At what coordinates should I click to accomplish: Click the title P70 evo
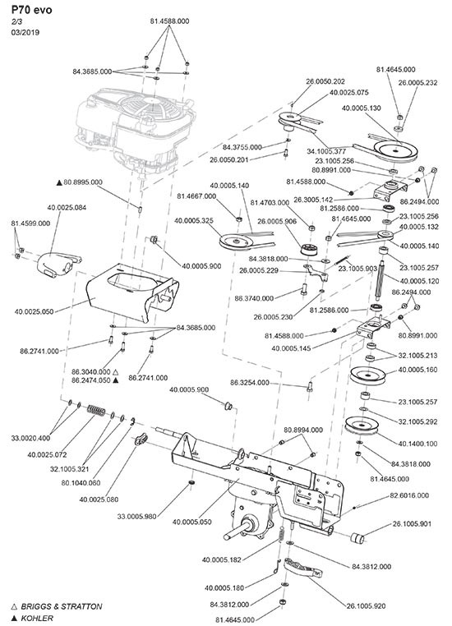[x=31, y=10]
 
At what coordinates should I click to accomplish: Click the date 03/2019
[x=25, y=33]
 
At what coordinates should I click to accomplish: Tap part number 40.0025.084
[x=67, y=208]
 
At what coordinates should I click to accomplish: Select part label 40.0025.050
[x=34, y=312]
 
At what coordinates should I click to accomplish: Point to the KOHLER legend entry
[x=32, y=618]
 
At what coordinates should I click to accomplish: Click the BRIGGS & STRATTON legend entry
[x=57, y=606]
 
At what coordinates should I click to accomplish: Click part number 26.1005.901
[x=412, y=524]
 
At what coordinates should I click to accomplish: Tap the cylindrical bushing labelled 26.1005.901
[x=357, y=538]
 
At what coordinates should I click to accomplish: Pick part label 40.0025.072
[x=47, y=455]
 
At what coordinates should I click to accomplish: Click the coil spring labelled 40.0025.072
[x=96, y=410]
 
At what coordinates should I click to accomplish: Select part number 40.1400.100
[x=417, y=444]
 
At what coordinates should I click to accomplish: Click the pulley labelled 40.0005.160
[x=367, y=376]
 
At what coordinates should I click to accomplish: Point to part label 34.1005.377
[x=326, y=151]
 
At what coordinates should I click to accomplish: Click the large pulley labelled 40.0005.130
[x=395, y=151]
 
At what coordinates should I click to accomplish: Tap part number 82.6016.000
[x=409, y=495]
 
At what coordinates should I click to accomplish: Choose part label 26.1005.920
[x=367, y=606]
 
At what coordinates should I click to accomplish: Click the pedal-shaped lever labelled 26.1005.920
[x=303, y=568]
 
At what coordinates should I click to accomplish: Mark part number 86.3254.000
[x=250, y=383]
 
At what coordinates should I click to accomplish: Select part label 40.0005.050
[x=192, y=522]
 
